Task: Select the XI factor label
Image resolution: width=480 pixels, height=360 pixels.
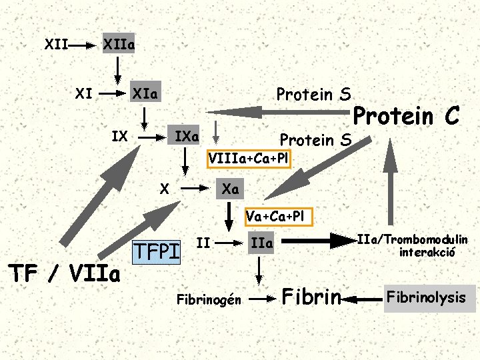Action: coord(83,93)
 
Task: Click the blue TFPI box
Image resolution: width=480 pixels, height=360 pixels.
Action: coord(157,251)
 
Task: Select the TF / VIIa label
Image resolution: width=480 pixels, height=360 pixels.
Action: coord(64,273)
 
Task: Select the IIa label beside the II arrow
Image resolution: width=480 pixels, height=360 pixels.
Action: coord(261,244)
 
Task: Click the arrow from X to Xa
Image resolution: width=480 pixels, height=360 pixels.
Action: coord(196,189)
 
